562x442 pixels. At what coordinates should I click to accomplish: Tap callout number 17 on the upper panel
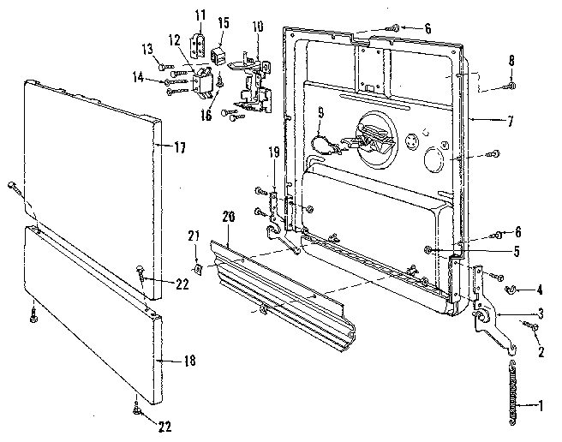tap(179, 146)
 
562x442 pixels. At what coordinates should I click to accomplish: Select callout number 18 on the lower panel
tap(188, 361)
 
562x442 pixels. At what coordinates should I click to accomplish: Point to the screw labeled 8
tap(511, 87)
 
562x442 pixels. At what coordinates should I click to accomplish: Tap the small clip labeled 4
tap(509, 289)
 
